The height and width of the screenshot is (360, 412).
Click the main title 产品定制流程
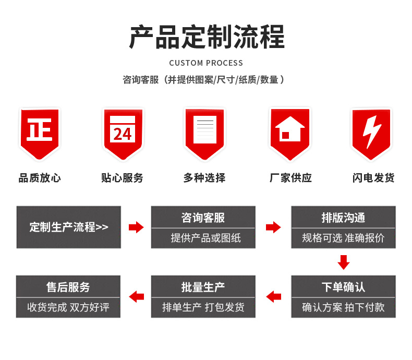[207, 37]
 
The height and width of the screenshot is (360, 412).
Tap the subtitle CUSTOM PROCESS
[206, 63]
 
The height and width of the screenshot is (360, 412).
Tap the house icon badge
[289, 132]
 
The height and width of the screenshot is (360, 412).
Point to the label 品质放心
[40, 178]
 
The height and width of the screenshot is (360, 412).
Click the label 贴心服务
[122, 178]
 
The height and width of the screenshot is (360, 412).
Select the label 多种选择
[204, 178]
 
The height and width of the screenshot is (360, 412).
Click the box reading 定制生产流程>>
[68, 227]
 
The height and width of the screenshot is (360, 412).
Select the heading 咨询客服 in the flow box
[203, 218]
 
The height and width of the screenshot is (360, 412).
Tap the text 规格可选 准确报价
[343, 238]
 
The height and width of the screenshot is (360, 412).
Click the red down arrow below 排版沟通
[343, 262]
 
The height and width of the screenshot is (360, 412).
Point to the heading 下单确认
[343, 287]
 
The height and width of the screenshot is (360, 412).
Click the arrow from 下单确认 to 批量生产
[273, 297]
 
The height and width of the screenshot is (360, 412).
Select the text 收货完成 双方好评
[68, 307]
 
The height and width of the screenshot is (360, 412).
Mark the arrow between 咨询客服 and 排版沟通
[273, 227]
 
